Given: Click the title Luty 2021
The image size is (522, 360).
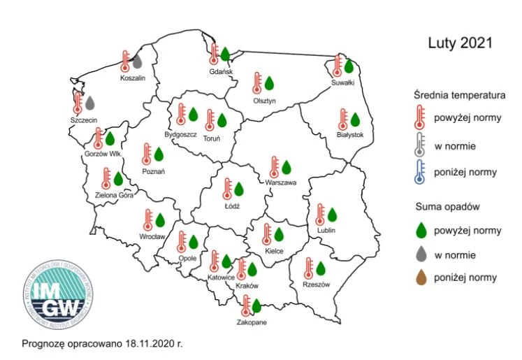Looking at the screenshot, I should (x=460, y=43).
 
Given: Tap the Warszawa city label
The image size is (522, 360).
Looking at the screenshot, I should (x=281, y=182).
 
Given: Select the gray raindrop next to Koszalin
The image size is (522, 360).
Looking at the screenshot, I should (x=138, y=62).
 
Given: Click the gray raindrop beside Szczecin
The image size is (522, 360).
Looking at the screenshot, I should (x=89, y=103).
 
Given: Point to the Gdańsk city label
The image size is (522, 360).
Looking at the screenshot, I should (x=221, y=71).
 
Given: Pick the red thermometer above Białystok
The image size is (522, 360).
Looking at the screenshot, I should (x=343, y=120).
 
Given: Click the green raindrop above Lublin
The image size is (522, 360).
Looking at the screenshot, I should (x=333, y=214).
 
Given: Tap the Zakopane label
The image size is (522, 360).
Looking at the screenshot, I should (x=250, y=323).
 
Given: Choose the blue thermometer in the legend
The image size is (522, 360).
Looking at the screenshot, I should (x=419, y=171).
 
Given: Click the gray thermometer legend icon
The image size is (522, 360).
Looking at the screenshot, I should (x=419, y=145).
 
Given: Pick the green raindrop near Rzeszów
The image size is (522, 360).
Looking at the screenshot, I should (x=321, y=268).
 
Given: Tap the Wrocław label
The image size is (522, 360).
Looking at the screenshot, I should (x=152, y=237).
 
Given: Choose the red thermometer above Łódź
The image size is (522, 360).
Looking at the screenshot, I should (x=227, y=189).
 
